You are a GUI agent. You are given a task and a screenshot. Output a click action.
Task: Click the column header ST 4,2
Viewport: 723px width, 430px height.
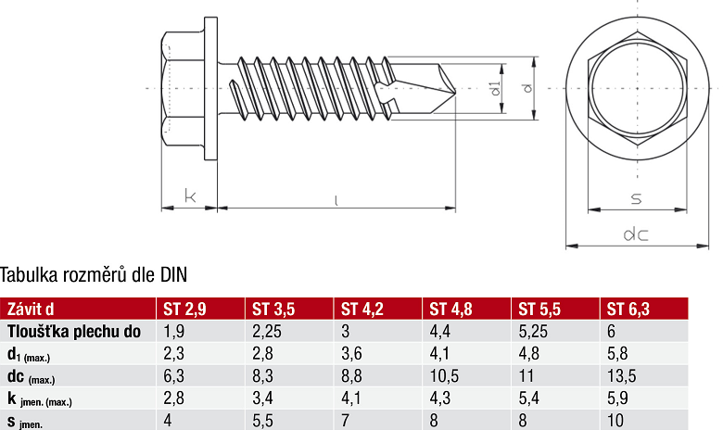[362, 310]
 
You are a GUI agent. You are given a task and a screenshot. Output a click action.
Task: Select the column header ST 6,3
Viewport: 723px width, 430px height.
[628, 310]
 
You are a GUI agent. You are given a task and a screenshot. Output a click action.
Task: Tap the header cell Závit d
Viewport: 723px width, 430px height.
[32, 310]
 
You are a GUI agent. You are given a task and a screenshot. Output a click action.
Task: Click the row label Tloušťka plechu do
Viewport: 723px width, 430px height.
[74, 331]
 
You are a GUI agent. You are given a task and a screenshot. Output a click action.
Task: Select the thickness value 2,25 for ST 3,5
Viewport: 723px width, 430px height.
[267, 331]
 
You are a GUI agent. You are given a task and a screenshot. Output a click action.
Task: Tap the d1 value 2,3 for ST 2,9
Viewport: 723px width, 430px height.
[173, 354]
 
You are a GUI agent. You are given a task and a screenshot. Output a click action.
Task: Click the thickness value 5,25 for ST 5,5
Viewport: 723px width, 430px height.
[533, 331]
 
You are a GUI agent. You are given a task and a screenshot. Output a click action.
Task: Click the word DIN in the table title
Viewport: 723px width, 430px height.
[174, 274]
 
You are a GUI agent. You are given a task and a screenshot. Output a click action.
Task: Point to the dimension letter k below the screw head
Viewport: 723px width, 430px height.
[190, 196]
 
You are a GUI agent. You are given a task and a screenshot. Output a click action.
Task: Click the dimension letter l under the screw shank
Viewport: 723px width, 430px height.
[335, 197]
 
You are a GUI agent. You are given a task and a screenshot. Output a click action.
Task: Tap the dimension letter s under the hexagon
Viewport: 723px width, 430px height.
[636, 197]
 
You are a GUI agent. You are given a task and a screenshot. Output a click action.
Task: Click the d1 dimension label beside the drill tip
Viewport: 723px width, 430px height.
[496, 88]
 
